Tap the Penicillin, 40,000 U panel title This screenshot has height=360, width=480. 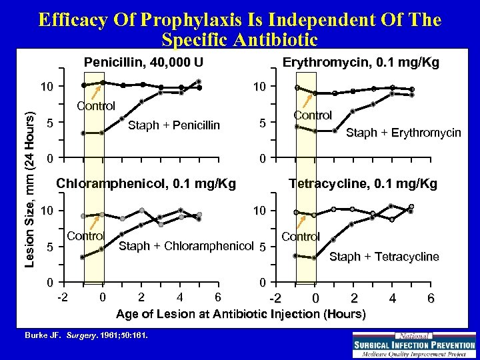point(143,63)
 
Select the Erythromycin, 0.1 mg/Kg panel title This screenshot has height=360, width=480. point(361,63)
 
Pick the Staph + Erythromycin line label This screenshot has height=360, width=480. point(403,133)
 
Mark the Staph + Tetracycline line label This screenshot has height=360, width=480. point(384,257)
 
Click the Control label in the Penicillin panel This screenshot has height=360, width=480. point(96,105)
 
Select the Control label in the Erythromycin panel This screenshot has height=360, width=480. point(313,115)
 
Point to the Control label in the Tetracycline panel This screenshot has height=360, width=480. point(301,236)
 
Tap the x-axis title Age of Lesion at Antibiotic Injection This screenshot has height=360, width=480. point(241,313)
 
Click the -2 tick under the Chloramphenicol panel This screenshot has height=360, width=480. point(62,296)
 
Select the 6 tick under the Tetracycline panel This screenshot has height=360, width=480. point(431,298)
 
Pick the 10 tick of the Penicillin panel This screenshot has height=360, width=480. point(45,87)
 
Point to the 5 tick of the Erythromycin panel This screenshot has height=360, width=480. point(263,123)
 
